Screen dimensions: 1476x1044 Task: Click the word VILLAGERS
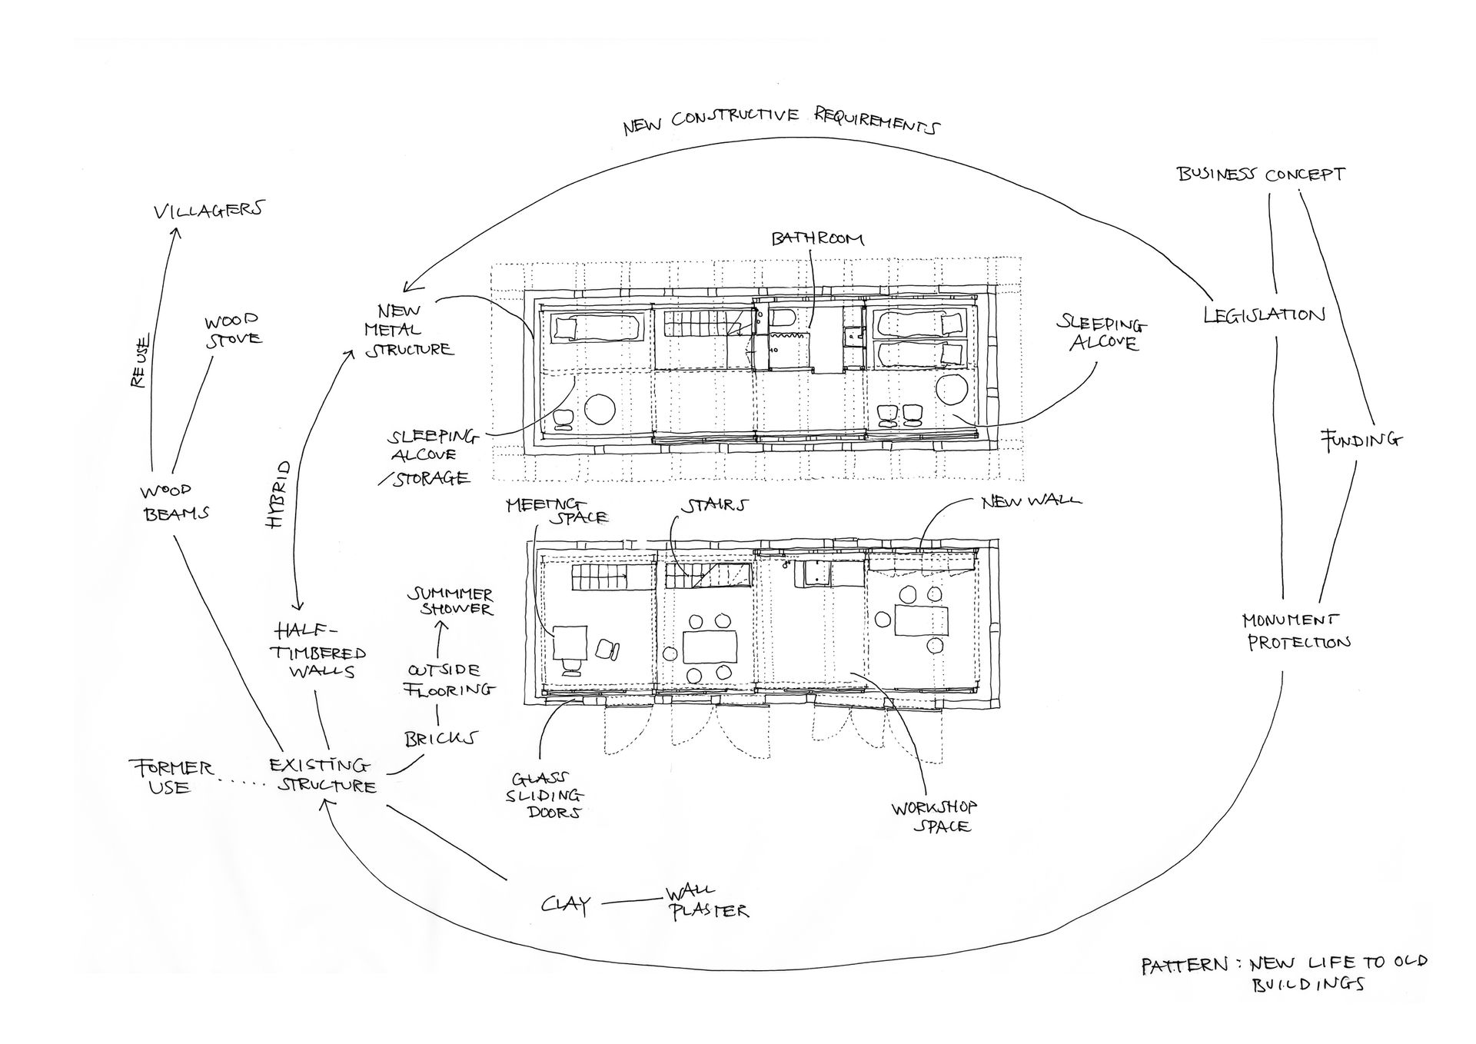click(x=208, y=210)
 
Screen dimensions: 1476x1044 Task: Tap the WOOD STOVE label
click(x=232, y=330)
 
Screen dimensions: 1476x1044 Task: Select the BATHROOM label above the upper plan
click(x=818, y=238)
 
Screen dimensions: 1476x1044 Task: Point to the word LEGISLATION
click(x=1265, y=314)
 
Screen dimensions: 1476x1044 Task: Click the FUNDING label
click(x=1361, y=440)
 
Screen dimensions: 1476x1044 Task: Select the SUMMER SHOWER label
click(x=450, y=601)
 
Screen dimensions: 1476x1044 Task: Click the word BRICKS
click(x=440, y=739)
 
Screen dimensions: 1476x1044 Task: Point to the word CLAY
click(x=566, y=904)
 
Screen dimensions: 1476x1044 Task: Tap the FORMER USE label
click(x=171, y=777)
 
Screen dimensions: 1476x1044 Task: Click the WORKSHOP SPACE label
click(x=935, y=816)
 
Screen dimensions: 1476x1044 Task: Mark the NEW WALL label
click(x=1031, y=501)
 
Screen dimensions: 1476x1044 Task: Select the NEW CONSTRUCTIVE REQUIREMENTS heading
click(x=781, y=121)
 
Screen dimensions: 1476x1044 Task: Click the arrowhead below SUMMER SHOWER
click(x=440, y=626)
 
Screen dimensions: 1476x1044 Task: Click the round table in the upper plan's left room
click(x=602, y=407)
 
